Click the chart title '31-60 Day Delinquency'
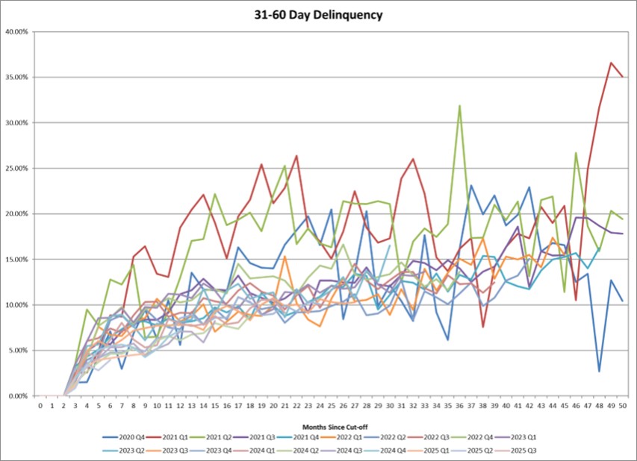coord(318,13)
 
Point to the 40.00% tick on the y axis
coord(16,31)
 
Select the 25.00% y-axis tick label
coord(16,169)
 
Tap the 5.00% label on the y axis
coord(18,351)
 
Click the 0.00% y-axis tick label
coord(18,396)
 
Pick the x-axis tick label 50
coord(623,406)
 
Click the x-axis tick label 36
coord(459,406)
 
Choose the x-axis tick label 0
coord(40,406)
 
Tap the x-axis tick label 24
coord(320,406)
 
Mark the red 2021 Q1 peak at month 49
coord(611,63)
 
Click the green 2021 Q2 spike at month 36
coord(459,106)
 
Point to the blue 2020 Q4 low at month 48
coord(599,371)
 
